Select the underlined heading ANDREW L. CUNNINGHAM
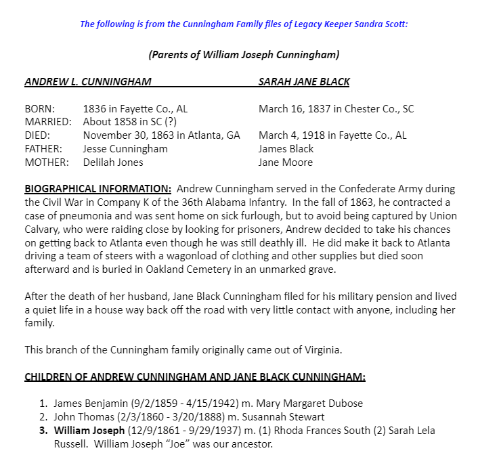pos(87,82)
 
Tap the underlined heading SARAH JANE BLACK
pos(304,82)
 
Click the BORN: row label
pos(41,108)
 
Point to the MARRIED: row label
pos(48,122)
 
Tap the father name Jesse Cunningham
pos(125,149)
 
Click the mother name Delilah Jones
pos(113,162)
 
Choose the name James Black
pos(286,149)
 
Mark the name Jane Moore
pos(285,162)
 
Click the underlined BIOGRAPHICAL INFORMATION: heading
pos(97,189)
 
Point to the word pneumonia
pos(80,216)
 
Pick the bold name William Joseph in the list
pos(89,431)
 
